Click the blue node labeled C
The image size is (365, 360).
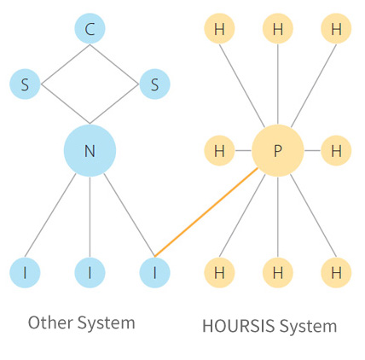(x=90, y=28)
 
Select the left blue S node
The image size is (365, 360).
(x=25, y=84)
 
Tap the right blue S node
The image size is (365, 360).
(x=154, y=84)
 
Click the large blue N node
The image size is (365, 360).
(x=90, y=150)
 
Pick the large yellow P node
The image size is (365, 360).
(x=278, y=150)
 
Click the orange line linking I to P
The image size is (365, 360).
(x=206, y=212)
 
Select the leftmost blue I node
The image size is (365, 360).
(x=25, y=273)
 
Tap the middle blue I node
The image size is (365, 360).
(x=90, y=273)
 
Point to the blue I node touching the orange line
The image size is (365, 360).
(x=154, y=273)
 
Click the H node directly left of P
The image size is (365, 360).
(x=219, y=150)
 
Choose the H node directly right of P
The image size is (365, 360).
(x=336, y=150)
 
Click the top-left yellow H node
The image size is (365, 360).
(x=219, y=28)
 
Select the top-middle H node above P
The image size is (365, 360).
(x=278, y=28)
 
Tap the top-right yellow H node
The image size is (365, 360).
(x=336, y=28)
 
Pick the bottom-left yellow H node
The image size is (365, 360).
(x=219, y=273)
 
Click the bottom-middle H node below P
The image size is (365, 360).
(x=278, y=273)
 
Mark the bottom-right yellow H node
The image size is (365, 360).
(x=336, y=273)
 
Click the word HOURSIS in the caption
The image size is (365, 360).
(x=239, y=326)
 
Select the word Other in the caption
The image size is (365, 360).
(x=50, y=322)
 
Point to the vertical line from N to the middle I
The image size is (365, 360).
(x=90, y=217)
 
